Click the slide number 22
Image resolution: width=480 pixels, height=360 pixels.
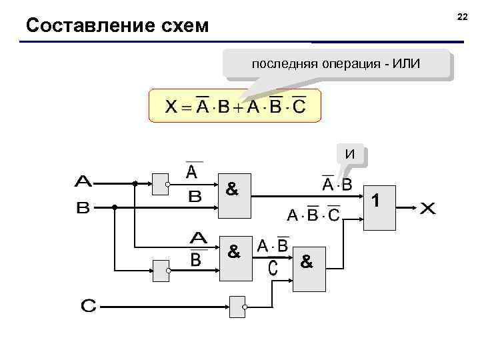463,15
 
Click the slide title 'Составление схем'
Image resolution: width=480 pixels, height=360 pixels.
117,26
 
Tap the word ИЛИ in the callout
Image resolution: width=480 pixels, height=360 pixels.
407,65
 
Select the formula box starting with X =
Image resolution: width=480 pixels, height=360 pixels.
235,107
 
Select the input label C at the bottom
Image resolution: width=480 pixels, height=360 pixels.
88,306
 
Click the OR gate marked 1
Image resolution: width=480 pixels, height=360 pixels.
379,207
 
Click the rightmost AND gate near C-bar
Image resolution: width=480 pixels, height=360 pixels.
310,273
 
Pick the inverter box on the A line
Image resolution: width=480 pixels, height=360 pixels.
161,183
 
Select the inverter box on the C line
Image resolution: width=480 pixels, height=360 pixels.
237,307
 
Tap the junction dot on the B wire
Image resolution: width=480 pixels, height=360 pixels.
115,208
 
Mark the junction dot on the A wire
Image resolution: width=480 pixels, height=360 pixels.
135,183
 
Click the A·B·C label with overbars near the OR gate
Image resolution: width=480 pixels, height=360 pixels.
313,215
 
